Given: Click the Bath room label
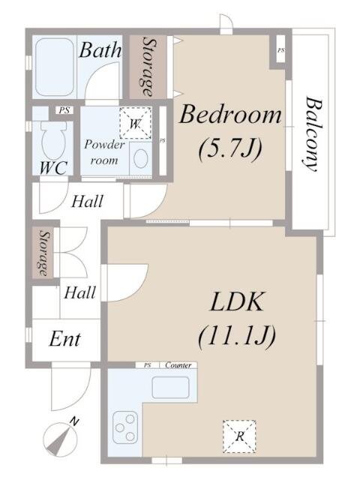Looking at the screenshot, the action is click(x=100, y=50).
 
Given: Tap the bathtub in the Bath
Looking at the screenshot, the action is click(x=55, y=67).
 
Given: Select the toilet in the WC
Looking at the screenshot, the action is click(x=54, y=140).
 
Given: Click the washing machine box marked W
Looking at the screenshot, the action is click(x=135, y=123).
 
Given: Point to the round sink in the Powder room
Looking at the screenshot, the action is click(x=141, y=158).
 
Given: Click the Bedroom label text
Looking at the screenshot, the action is click(x=230, y=115).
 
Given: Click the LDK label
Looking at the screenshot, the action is click(x=236, y=301).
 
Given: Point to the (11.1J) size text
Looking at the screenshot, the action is click(x=237, y=336).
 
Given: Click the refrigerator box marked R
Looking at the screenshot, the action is click(x=239, y=436).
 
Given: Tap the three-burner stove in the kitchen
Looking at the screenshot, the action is click(x=125, y=427).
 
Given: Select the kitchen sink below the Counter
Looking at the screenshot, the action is click(x=170, y=388).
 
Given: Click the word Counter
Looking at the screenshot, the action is click(x=178, y=365).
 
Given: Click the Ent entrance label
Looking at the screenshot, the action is click(x=65, y=340).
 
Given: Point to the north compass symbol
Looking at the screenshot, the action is click(x=61, y=436).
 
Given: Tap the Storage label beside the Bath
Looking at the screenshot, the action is click(x=148, y=67).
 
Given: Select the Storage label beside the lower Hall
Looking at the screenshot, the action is click(x=44, y=253).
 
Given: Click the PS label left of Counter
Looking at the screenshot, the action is click(x=148, y=365).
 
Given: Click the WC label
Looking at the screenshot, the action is click(x=54, y=168).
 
